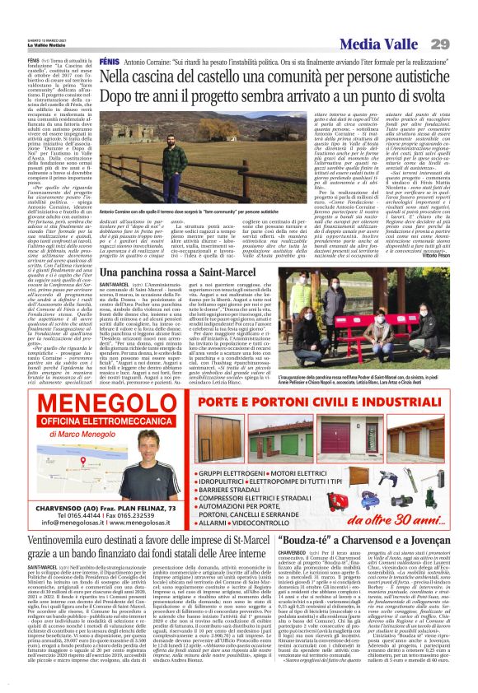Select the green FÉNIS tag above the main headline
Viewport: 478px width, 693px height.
(110, 63)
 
